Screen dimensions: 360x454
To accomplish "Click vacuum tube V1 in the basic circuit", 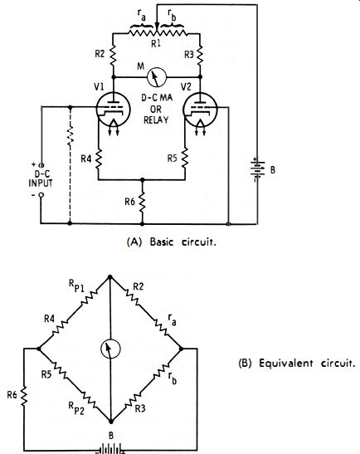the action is pos(113,110).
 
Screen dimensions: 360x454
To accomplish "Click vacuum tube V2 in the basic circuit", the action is pos(200,110).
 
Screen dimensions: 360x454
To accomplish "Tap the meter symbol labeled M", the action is pos(157,77).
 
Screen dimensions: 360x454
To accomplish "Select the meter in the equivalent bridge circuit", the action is pos(110,349).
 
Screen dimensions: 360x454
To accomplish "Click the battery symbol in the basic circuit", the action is pos(257,169).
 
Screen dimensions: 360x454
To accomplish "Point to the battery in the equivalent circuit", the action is pos(111,450).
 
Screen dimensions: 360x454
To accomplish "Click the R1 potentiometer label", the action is pos(156,44).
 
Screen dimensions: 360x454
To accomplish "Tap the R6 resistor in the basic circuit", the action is pos(142,202).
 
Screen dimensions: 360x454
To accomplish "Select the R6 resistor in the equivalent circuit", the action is pos(24,395).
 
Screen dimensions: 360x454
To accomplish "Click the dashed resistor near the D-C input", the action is pos(70,135).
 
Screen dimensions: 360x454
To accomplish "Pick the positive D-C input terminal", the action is pos(41,165).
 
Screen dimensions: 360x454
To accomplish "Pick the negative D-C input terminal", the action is pos(41,195).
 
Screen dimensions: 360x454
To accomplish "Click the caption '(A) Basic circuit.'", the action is pos(172,242).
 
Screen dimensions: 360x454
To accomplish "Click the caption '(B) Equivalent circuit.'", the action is pos(297,363).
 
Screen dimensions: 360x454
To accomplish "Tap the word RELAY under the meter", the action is pos(156,120).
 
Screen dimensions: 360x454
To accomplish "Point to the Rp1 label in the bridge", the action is pos(76,286).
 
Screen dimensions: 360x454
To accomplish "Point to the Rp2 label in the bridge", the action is pos(76,408).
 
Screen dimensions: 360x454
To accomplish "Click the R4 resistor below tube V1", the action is pos(99,159).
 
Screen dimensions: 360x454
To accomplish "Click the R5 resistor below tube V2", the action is pos(185,159).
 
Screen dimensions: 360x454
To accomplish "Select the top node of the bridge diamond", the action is pos(109,277).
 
